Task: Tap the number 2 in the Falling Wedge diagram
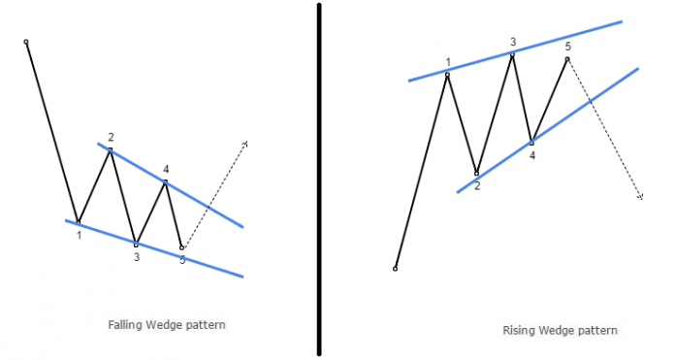[112, 137]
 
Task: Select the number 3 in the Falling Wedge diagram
[137, 256]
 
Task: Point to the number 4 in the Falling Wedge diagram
[166, 169]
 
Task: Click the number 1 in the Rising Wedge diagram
[448, 62]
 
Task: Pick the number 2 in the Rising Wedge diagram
[477, 185]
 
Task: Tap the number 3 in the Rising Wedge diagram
[512, 42]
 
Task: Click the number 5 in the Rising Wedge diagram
[568, 47]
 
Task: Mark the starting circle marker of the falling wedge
[26, 42]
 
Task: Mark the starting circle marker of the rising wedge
[395, 268]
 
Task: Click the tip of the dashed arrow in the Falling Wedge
[246, 143]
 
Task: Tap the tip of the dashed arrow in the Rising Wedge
[641, 198]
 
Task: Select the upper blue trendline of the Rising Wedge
[514, 50]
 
